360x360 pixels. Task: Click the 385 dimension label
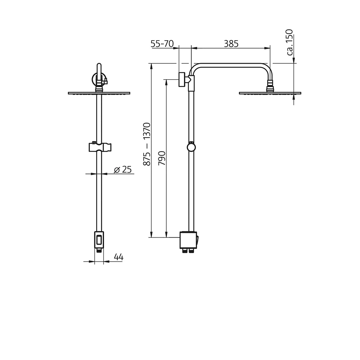click(231, 44)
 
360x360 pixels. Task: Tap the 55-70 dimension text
click(162, 44)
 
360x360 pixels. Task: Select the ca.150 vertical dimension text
click(290, 42)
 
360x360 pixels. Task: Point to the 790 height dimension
click(162, 158)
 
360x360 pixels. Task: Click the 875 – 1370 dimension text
click(147, 144)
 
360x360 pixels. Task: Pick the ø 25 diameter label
click(123, 170)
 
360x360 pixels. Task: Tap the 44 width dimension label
click(119, 257)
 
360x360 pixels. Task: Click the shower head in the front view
click(99, 93)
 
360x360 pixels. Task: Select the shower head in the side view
click(270, 93)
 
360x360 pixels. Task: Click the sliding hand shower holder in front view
click(99, 147)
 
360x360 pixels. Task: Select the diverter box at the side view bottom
click(188, 240)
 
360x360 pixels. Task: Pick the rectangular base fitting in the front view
click(99, 239)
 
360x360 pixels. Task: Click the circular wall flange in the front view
click(97, 78)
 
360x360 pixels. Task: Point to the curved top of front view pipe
click(99, 67)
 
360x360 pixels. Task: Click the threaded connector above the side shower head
click(270, 86)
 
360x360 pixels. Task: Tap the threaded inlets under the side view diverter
click(188, 251)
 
